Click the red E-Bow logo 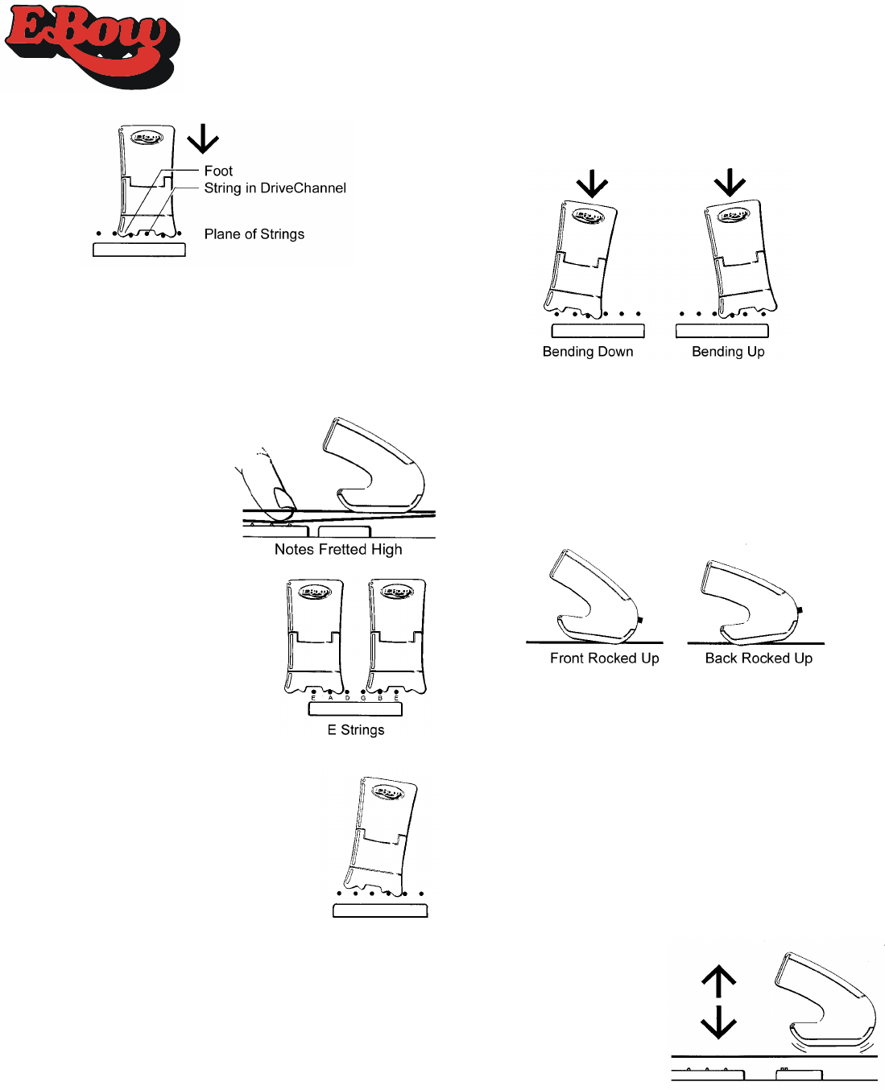click(x=90, y=46)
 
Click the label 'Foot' click(x=218, y=171)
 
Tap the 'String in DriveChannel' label click(x=275, y=188)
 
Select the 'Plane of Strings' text click(x=254, y=234)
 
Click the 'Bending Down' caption click(x=588, y=352)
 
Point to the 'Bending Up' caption click(x=728, y=352)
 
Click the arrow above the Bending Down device click(x=592, y=184)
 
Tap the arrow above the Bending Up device click(x=730, y=182)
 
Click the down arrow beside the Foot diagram click(x=203, y=138)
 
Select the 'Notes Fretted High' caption click(x=338, y=550)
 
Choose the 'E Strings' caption click(x=356, y=730)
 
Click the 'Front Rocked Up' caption click(x=605, y=659)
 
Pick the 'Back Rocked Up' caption click(x=759, y=659)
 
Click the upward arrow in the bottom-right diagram click(x=719, y=981)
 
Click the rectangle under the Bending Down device click(x=598, y=331)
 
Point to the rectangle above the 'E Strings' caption click(x=355, y=709)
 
